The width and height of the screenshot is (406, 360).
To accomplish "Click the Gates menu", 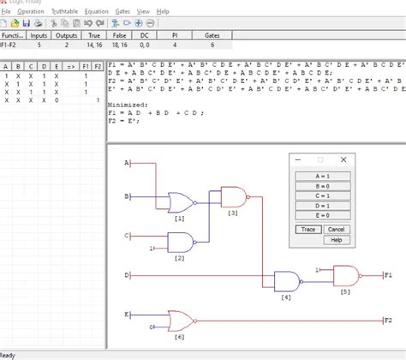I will pos(122,12).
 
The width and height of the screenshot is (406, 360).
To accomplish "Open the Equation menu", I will pos(96,12).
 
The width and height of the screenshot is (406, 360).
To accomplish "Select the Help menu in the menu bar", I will pos(163,12).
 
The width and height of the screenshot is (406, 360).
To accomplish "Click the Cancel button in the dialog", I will pos(336,229).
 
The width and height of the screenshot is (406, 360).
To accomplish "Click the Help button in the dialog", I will pos(336,240).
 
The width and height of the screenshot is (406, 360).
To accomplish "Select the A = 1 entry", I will pos(323,175).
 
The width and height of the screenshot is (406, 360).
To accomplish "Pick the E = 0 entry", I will pos(323,216).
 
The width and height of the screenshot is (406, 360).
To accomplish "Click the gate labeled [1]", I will pos(181,202).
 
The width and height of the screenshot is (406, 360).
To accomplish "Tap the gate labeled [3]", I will pos(232,196).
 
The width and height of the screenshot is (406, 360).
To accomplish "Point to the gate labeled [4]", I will pos(285,280).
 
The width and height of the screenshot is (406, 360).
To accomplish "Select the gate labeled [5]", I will pos(345,274).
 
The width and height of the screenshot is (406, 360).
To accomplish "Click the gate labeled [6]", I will pos(181,321).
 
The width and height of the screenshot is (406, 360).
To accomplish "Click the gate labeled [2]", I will pos(181,242).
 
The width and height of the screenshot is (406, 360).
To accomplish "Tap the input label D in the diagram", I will pos(127,276).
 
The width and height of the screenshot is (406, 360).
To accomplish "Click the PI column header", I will pos(174,35).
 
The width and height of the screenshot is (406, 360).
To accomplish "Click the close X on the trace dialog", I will pos(343,159).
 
